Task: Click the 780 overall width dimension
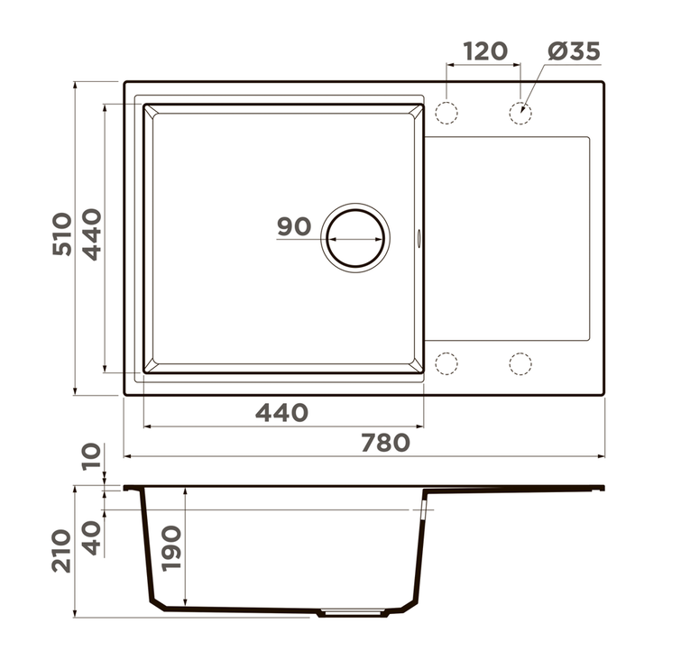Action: [386, 443]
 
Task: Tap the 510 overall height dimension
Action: [61, 234]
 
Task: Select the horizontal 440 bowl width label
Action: [281, 413]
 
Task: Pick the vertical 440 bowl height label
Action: [92, 234]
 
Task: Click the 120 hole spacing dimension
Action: [485, 51]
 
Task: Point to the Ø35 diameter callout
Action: [575, 51]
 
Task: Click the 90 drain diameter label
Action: [294, 226]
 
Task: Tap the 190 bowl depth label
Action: [171, 548]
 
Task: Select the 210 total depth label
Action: [61, 551]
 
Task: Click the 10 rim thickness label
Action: [92, 456]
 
